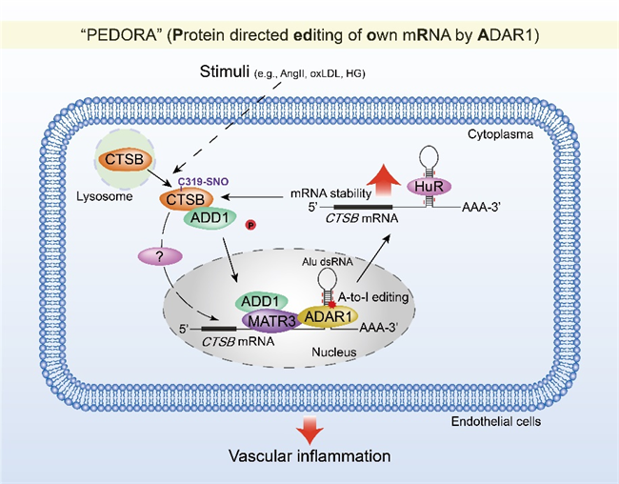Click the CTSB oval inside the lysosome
pyautogui.click(x=125, y=159)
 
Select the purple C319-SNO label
pyautogui.click(x=203, y=182)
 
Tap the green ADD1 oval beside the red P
pyautogui.click(x=210, y=217)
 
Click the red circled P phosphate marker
pyautogui.click(x=250, y=225)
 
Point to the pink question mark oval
pyautogui.click(x=160, y=257)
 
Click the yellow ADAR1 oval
pyautogui.click(x=328, y=316)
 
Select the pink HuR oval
pyautogui.click(x=429, y=187)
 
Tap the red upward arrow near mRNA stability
pyautogui.click(x=383, y=180)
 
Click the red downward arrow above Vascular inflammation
pyautogui.click(x=309, y=430)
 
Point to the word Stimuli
pyautogui.click(x=225, y=71)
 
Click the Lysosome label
pyautogui.click(x=104, y=196)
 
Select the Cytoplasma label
pyautogui.click(x=500, y=134)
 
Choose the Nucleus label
pyautogui.click(x=334, y=352)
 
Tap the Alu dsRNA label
pyautogui.click(x=328, y=262)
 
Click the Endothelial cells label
pyautogui.click(x=496, y=421)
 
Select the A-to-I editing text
pyautogui.click(x=373, y=297)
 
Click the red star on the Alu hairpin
pyautogui.click(x=331, y=304)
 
